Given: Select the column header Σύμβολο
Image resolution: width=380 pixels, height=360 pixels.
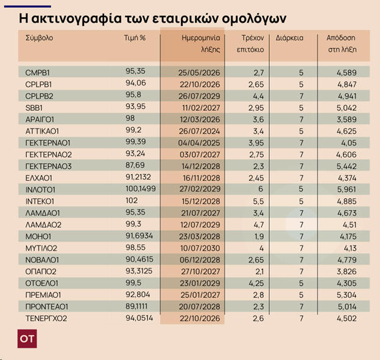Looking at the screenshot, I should pos(40,38).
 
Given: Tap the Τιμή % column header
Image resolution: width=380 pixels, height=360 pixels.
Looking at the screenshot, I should pos(135,38).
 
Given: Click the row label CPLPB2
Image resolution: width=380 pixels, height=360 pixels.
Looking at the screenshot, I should pos(40,96).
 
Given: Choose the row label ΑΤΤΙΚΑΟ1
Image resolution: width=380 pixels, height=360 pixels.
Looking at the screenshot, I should pos(42,130).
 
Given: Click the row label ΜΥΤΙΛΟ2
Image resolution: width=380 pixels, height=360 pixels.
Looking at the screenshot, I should pos(41,247).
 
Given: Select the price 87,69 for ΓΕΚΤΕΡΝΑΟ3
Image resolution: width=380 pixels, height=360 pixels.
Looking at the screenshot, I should pos(135,166).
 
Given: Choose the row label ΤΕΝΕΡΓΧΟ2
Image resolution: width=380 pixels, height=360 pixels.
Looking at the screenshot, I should pos(46,318).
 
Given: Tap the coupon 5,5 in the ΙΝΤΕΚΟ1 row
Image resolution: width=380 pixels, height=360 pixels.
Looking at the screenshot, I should pos(258,200).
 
